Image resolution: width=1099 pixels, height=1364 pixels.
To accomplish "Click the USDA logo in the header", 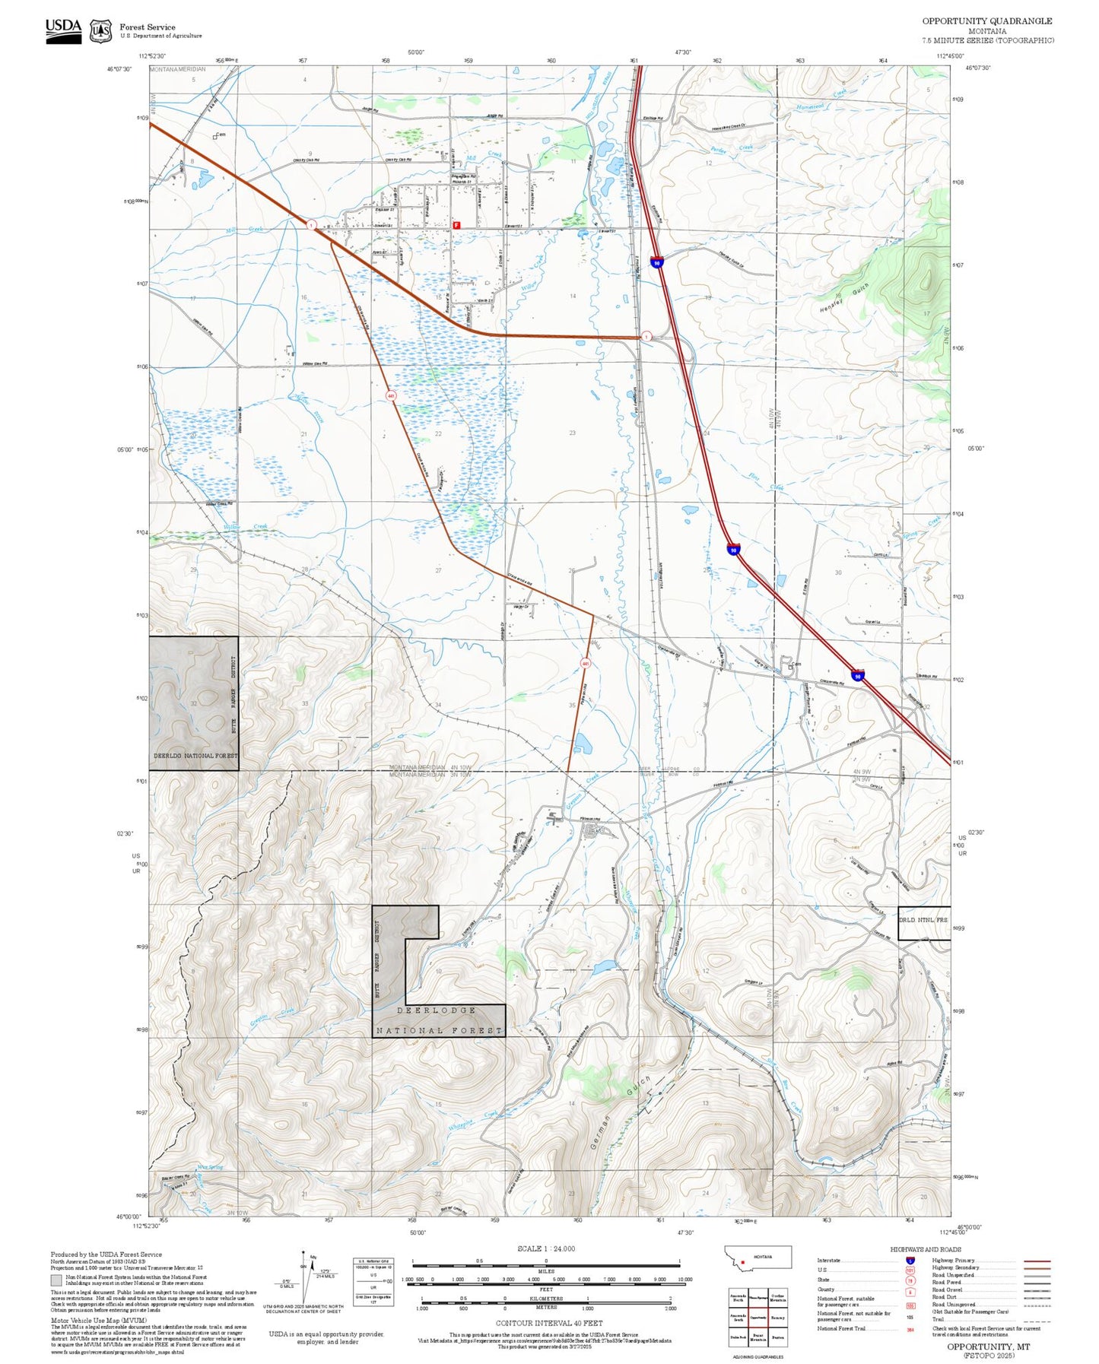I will point(63,30).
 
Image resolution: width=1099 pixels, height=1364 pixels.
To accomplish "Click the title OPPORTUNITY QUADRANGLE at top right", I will point(987,21).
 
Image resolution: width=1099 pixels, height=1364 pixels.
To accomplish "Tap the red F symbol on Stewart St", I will point(456,225).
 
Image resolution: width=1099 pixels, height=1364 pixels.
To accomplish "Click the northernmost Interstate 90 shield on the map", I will point(656,262).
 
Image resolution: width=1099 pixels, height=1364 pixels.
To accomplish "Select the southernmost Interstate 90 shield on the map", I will point(857,675).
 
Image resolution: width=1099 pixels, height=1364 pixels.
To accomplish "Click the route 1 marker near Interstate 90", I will point(646,336).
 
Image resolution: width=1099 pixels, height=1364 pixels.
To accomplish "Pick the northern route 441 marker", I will point(391,396).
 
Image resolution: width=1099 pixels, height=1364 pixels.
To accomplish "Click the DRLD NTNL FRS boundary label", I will point(923,920).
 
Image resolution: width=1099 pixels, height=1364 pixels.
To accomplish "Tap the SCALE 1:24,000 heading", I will point(546,1248).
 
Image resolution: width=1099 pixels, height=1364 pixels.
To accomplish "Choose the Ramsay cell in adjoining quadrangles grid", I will point(778,1318).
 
